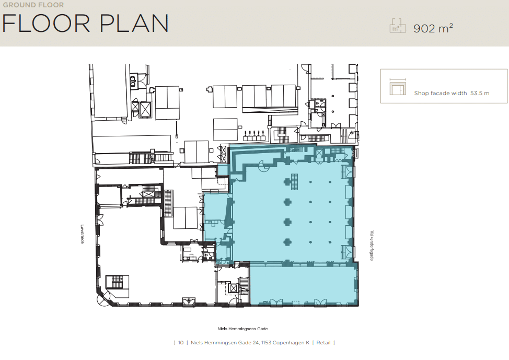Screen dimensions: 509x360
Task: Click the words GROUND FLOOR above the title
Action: [33, 5]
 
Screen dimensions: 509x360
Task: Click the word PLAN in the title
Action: [134, 24]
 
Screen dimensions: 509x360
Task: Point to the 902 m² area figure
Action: [433, 28]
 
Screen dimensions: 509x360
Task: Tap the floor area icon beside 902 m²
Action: [398, 26]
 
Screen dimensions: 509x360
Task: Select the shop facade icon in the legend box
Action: [398, 87]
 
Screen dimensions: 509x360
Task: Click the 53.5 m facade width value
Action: [480, 93]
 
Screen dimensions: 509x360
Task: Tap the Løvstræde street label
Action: [83, 234]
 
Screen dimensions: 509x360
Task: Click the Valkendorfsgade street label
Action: [372, 246]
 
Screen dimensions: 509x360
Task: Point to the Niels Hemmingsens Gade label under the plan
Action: [242, 329]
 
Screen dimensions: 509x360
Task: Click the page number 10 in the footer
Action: [181, 342]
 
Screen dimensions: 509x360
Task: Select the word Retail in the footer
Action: [323, 342]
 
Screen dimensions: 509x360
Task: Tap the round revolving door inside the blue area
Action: [262, 166]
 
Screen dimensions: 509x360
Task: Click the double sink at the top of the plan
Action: [133, 81]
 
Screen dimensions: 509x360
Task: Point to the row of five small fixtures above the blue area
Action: [254, 135]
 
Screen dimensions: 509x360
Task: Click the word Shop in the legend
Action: [421, 93]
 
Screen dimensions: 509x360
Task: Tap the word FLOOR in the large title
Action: [46, 24]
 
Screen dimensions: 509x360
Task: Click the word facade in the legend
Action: [440, 93]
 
